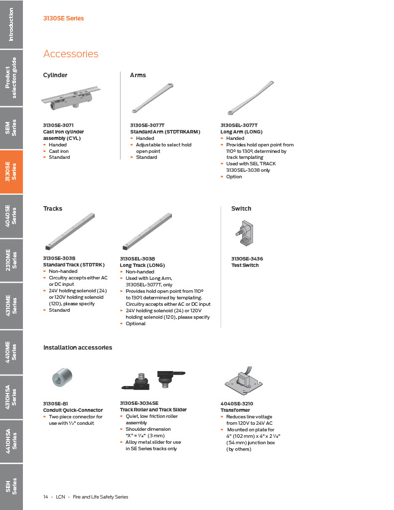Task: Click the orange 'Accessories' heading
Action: tap(71, 54)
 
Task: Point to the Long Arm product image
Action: tap(250, 98)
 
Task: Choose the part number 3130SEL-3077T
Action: tap(239, 126)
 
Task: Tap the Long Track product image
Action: tap(147, 232)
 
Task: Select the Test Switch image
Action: tap(244, 234)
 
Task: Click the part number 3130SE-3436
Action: tap(247, 259)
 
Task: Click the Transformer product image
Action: tap(243, 382)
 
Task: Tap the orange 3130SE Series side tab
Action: tap(11, 172)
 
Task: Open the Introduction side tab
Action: tap(11, 24)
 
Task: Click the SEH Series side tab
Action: tap(11, 486)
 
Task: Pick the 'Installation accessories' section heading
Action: tap(78, 348)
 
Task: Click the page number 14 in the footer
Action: tap(46, 497)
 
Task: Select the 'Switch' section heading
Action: tap(241, 209)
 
